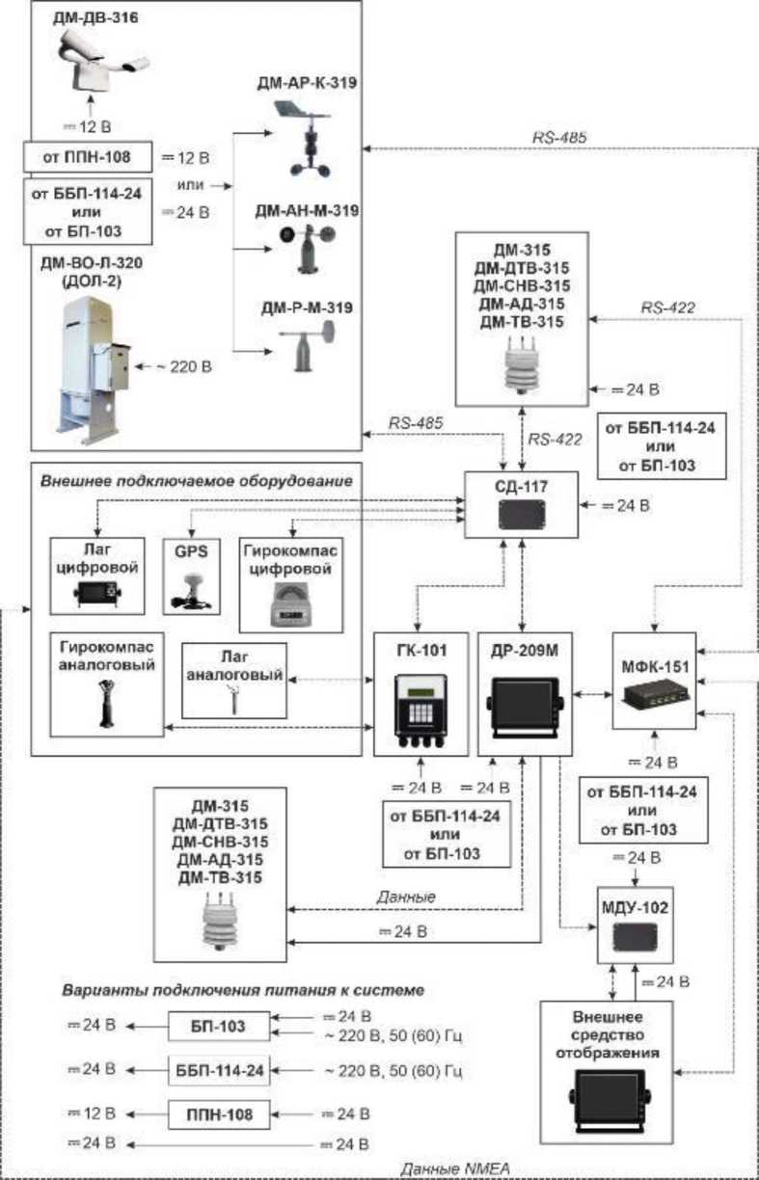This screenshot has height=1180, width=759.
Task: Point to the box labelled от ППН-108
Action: tap(88, 155)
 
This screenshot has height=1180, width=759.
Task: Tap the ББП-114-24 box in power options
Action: tap(219, 1069)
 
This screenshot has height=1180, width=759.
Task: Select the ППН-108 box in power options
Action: tap(219, 1113)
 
